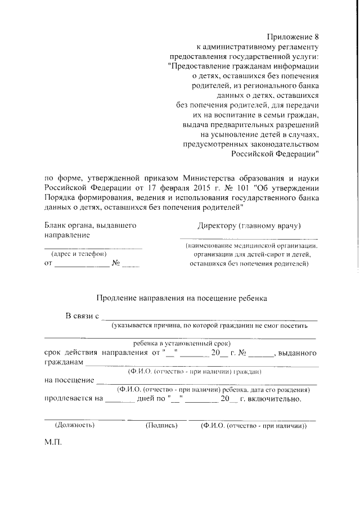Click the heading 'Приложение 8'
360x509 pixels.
pyautogui.click(x=294, y=37)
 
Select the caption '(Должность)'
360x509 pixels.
pyautogui.click(x=71, y=426)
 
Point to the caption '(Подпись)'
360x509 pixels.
pyautogui.click(x=162, y=426)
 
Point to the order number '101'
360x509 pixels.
pyautogui.click(x=244, y=188)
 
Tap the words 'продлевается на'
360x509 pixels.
pyautogui.click(x=73, y=399)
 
